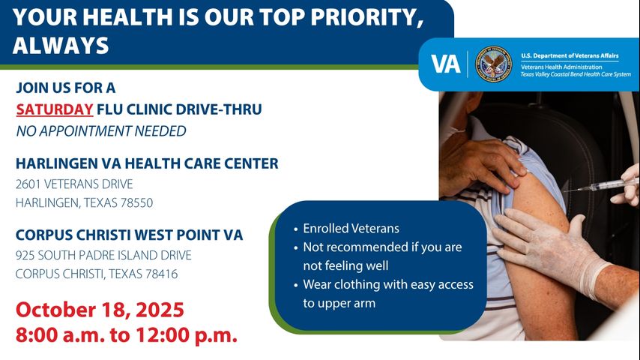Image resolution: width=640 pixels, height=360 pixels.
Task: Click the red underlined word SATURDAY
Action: click(x=55, y=109)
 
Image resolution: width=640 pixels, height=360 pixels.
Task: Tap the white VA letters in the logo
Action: click(x=446, y=64)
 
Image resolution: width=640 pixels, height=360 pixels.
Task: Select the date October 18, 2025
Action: click(x=100, y=310)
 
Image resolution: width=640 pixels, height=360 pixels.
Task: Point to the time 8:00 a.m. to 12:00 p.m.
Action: click(x=127, y=334)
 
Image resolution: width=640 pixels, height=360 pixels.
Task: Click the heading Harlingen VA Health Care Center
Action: click(x=147, y=163)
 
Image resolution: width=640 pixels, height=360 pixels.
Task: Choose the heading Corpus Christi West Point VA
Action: click(x=129, y=235)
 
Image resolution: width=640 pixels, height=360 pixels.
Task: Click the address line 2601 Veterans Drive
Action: click(x=74, y=184)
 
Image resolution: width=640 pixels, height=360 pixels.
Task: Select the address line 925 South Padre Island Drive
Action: click(x=103, y=255)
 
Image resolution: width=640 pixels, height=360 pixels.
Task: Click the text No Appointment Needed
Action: click(x=100, y=131)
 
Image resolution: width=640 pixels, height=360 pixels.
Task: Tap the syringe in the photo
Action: click(x=600, y=184)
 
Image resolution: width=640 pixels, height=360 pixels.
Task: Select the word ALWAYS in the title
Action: click(x=61, y=46)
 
